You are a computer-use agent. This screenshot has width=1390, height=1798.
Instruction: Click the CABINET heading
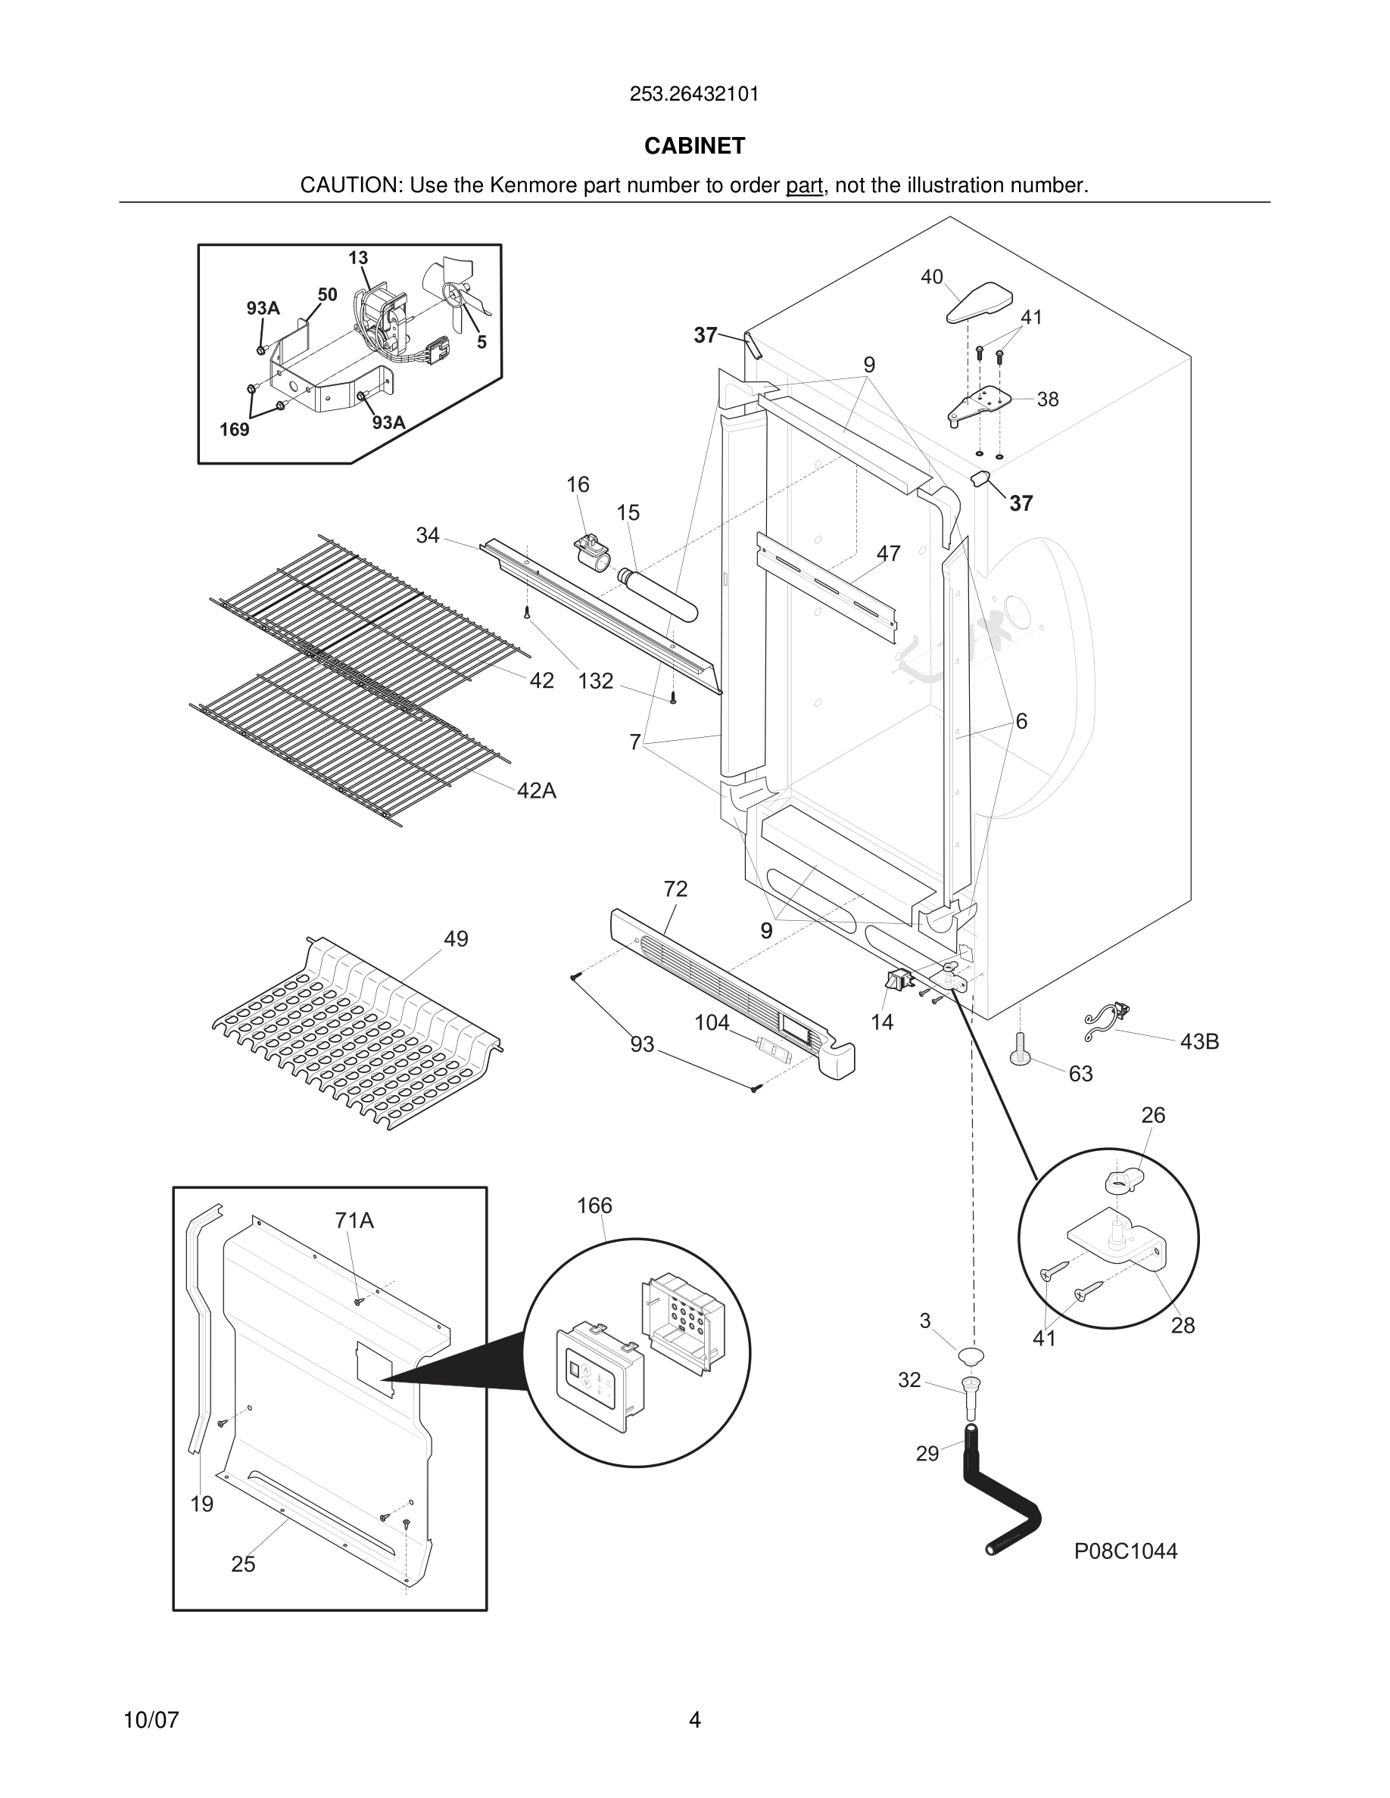pyautogui.click(x=694, y=146)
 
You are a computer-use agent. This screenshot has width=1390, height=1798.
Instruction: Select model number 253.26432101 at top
pyautogui.click(x=694, y=95)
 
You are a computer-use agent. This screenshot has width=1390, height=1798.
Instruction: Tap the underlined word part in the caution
pyautogui.click(x=804, y=186)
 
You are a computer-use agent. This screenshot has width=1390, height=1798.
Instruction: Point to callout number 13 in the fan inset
pyautogui.click(x=358, y=259)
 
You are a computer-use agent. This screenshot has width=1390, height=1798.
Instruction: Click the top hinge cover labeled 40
pyautogui.click(x=977, y=303)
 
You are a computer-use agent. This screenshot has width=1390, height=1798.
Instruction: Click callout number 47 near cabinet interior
pyautogui.click(x=888, y=554)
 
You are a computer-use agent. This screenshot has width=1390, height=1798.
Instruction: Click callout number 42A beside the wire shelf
pyautogui.click(x=536, y=791)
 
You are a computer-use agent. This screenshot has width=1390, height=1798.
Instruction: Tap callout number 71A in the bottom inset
pyautogui.click(x=354, y=1221)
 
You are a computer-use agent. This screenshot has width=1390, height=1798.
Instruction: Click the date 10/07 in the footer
pyautogui.click(x=151, y=1720)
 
